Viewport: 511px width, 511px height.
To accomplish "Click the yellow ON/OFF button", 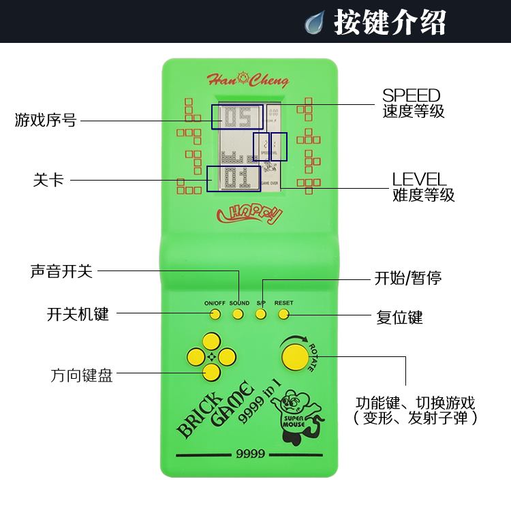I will (x=215, y=314).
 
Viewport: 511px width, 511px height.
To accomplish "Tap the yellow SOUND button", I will (x=238, y=314).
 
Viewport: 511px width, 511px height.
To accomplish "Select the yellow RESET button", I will (x=283, y=314).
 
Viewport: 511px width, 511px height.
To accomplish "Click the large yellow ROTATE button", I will (x=294, y=356).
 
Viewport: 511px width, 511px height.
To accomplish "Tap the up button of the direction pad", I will (x=211, y=340).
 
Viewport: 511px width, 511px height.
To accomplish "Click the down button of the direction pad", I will (x=211, y=371).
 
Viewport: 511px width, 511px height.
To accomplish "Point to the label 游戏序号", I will (x=46, y=121).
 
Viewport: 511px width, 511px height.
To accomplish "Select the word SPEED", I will (x=411, y=95).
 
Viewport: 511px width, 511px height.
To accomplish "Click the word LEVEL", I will (x=419, y=179).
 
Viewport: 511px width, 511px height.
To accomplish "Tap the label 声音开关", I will (x=61, y=270).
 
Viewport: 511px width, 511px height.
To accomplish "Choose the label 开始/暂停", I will (x=408, y=277).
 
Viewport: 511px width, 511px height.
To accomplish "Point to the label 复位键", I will (x=399, y=318).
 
